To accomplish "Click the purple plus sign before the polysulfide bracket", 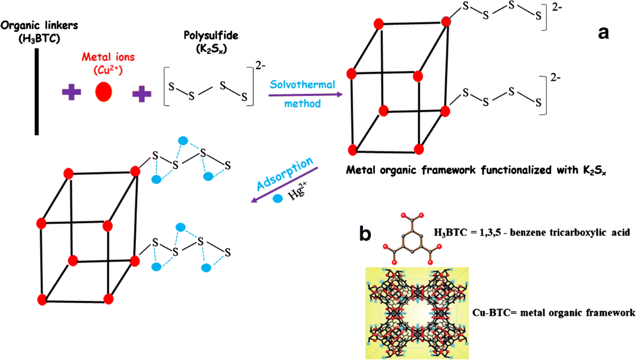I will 142,94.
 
